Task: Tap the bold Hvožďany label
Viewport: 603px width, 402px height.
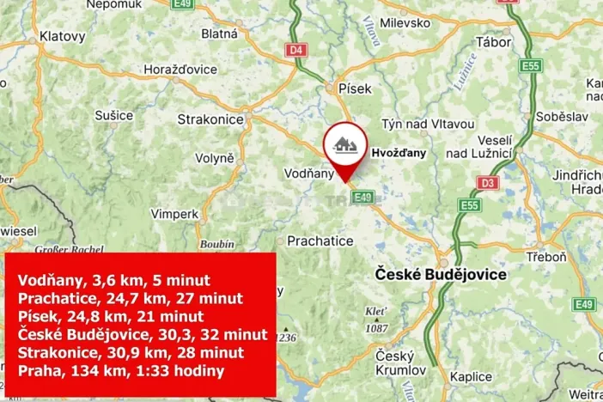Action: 398,152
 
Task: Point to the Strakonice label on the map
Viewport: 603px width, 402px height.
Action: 210,119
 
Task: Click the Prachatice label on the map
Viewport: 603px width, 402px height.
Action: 320,241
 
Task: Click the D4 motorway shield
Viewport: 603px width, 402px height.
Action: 297,50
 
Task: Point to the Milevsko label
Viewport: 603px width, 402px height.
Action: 404,23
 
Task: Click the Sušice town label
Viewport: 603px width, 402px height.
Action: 114,114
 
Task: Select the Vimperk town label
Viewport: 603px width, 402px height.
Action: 174,213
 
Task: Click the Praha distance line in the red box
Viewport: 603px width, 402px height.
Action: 120,371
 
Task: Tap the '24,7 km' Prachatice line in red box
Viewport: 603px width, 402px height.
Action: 129,298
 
